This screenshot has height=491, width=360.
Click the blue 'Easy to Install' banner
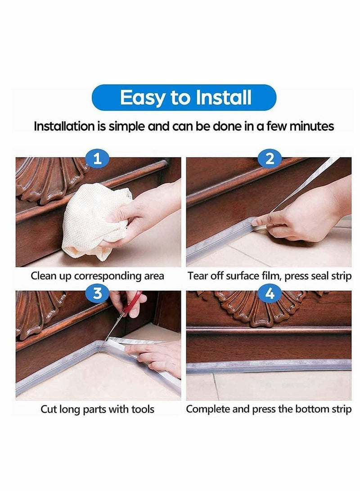tap(184, 98)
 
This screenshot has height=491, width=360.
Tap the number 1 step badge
tap(98, 158)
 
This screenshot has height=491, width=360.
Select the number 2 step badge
tap(270, 158)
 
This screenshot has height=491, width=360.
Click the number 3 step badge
tap(98, 293)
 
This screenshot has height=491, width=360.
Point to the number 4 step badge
tap(270, 293)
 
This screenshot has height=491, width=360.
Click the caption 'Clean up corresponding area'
tap(97, 276)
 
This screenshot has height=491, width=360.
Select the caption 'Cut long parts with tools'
tap(97, 409)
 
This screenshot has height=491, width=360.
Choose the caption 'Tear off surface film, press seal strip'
tap(269, 276)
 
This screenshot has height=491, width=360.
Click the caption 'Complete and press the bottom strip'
tap(269, 409)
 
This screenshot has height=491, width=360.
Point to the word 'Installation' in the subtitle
tap(64, 126)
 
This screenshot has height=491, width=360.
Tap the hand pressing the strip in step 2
tap(301, 216)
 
